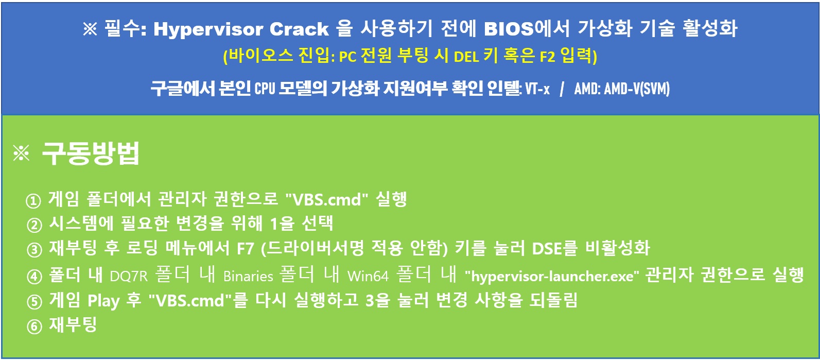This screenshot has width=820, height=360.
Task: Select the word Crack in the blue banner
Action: pyautogui.click(x=299, y=29)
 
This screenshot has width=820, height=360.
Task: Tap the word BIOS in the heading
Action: pyautogui.click(x=509, y=28)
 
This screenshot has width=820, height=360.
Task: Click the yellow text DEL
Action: pyautogui.click(x=466, y=57)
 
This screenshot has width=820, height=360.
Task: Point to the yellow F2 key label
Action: pyautogui.click(x=547, y=57)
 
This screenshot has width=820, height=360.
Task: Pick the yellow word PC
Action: pyautogui.click(x=348, y=57)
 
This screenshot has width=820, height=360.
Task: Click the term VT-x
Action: pyautogui.click(x=537, y=89)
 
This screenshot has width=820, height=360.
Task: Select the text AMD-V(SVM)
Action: pyautogui.click(x=637, y=89)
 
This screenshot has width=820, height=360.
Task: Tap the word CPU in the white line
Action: pyautogui.click(x=265, y=89)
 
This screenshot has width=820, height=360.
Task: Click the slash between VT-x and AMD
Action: pyautogui.click(x=562, y=89)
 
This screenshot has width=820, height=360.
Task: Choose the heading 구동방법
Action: pyautogui.click(x=91, y=153)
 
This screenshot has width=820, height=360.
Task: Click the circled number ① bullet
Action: pyautogui.click(x=33, y=201)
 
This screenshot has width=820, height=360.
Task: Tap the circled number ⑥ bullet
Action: pyautogui.click(x=34, y=327)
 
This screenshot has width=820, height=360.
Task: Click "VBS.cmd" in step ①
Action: pyautogui.click(x=326, y=199)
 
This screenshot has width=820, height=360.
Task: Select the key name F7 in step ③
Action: pyautogui.click(x=245, y=249)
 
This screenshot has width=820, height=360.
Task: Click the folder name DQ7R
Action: pyautogui.click(x=129, y=276)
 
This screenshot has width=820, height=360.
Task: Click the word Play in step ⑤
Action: pyautogui.click(x=103, y=301)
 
